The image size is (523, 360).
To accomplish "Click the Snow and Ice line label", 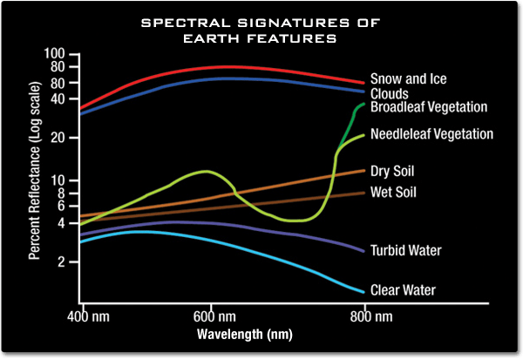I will (408, 79).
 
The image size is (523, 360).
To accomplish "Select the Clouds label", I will (390, 93).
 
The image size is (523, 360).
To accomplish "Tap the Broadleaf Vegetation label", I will (428, 107).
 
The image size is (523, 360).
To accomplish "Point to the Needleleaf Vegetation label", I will (431, 134).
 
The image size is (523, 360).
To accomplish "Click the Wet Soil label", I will (394, 192).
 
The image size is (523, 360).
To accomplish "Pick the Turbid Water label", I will (405, 250).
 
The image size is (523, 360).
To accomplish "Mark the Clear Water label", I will (403, 290).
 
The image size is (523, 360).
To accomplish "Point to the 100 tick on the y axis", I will (54, 55).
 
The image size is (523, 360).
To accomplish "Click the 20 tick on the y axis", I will (58, 138).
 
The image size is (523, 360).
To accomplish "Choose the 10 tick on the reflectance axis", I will (58, 180).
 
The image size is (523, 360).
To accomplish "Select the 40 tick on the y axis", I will (58, 98).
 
